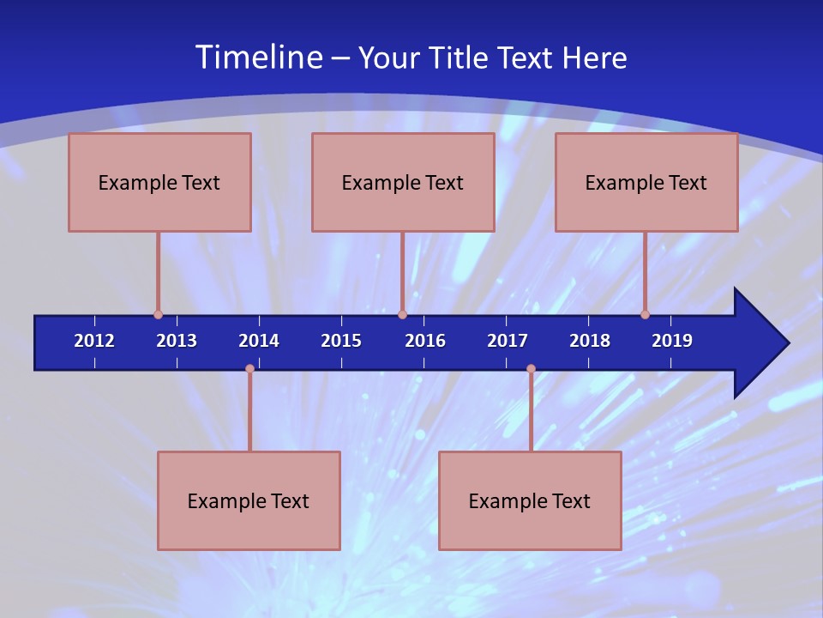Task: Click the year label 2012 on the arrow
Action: [x=94, y=341]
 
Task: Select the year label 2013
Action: [x=177, y=341]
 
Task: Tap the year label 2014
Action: [x=259, y=341]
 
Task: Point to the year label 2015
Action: [x=341, y=341]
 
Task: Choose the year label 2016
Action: [x=425, y=341]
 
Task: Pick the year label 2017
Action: [x=508, y=341]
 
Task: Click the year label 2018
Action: [x=590, y=341]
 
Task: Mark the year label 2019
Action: [x=672, y=341]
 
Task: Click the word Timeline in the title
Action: [x=257, y=58]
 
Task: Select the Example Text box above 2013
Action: [x=159, y=182]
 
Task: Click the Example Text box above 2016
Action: [x=403, y=182]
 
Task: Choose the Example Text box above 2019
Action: [x=646, y=182]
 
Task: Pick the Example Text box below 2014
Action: [x=249, y=500]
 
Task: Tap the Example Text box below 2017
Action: [x=530, y=500]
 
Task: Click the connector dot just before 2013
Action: [x=158, y=314]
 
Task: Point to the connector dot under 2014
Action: [x=249, y=369]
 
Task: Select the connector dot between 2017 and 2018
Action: [x=531, y=369]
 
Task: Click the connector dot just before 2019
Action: [x=645, y=314]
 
